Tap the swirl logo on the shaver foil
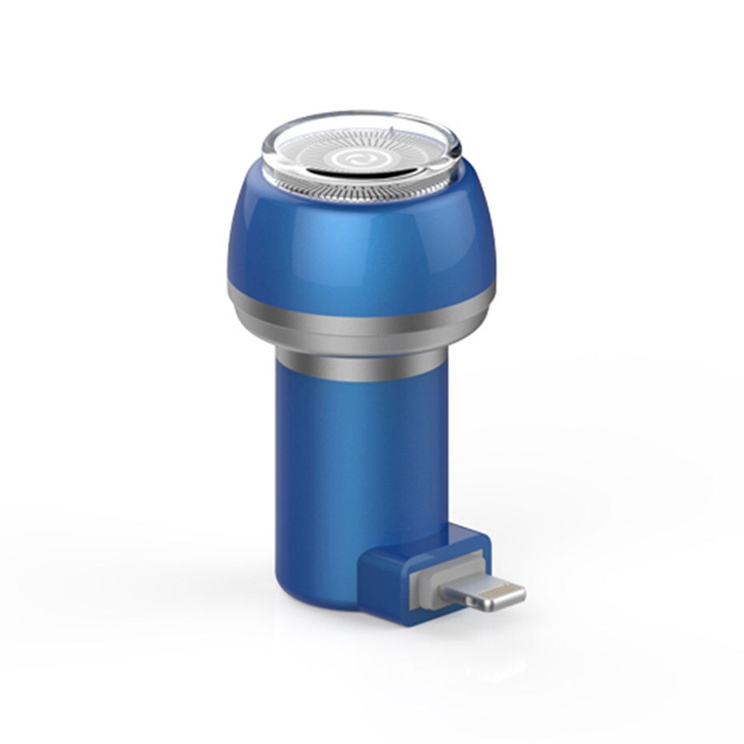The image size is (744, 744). point(356,160)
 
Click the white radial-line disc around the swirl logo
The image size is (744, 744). point(320,152)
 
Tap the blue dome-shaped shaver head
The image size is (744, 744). point(360,240)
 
